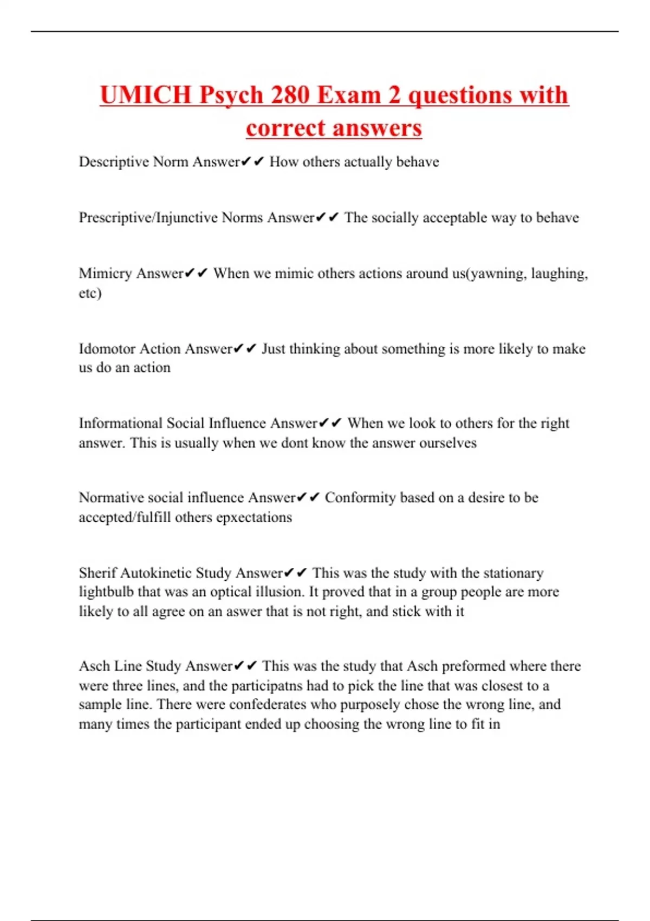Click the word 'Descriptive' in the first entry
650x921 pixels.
click(114, 162)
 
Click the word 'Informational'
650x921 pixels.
click(120, 423)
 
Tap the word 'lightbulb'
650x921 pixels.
click(106, 592)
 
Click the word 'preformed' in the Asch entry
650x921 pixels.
click(474, 666)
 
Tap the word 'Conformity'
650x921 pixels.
click(360, 498)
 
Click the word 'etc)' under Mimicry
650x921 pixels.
click(90, 293)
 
